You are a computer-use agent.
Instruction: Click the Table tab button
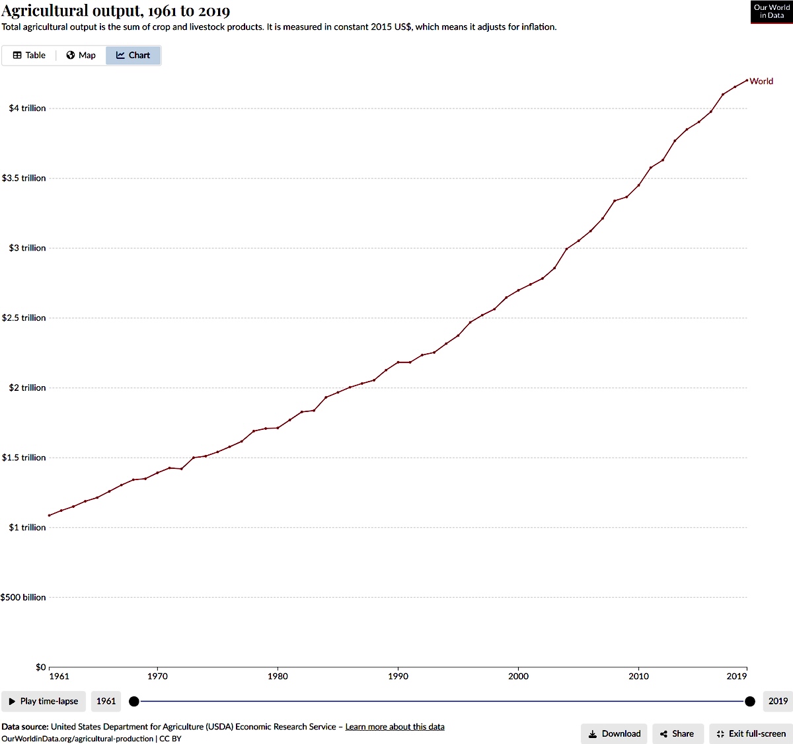[29, 56]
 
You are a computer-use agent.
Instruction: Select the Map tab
[81, 56]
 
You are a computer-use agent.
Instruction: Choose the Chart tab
[133, 56]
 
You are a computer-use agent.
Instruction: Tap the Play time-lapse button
[44, 701]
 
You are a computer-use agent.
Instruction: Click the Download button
[614, 733]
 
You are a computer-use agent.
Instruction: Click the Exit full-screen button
[751, 733]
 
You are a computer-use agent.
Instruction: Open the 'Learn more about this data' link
[395, 727]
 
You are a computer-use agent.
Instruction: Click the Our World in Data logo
[771, 12]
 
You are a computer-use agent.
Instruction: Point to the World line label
[761, 81]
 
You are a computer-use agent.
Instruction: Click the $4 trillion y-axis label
[27, 108]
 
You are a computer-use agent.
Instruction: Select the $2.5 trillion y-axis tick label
[24, 318]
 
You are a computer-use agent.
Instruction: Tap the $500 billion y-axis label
[23, 597]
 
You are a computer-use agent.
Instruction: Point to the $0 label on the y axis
[40, 667]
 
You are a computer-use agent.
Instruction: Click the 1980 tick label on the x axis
[278, 676]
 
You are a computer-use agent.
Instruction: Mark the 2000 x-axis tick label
[518, 676]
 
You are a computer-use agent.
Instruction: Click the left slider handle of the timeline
[134, 701]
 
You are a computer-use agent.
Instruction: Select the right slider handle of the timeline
[750, 701]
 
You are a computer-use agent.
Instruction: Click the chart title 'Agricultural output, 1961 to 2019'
[116, 11]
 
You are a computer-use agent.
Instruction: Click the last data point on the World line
[747, 81]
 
